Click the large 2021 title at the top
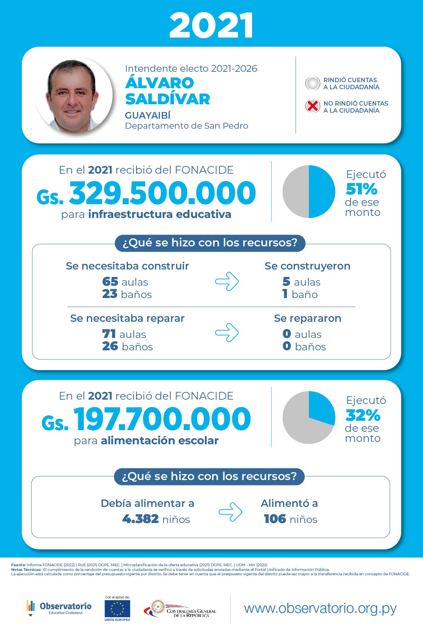click(211, 25)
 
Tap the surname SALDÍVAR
click(167, 99)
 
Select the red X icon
click(312, 106)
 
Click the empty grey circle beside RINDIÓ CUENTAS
click(312, 83)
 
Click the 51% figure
click(361, 189)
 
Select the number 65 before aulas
click(110, 282)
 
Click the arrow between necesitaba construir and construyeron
click(227, 281)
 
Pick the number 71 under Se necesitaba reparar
click(109, 334)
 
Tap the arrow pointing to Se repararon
click(227, 333)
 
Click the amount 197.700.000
click(162, 419)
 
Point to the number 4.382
click(140, 519)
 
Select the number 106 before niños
click(275, 519)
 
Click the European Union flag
click(117, 609)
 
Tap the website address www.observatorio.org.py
click(320, 608)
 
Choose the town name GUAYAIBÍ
click(147, 115)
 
